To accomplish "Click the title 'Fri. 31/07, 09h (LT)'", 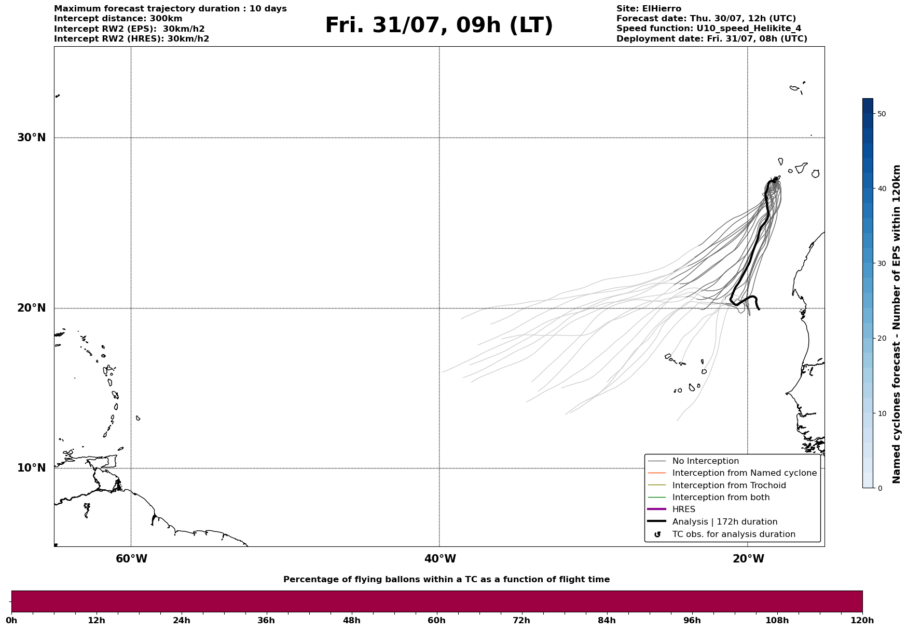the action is pos(439,26).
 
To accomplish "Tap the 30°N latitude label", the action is pos(31,138).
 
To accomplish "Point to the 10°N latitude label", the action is pos(31,468).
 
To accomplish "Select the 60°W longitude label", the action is pos(131,559).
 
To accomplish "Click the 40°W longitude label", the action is pos(440,559).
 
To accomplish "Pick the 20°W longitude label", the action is pos(748,559).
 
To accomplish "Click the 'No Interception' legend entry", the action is pos(705,461).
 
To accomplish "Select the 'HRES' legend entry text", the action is pos(684,510).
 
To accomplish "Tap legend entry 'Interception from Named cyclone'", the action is pos(744,473).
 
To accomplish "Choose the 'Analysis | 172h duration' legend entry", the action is pos(725,522).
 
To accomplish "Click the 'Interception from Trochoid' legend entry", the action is pos(729,486).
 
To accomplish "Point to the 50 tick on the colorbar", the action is pos(881,114).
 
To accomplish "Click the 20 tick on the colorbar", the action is pos(881,339).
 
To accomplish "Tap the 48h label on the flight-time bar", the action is pos(351,621).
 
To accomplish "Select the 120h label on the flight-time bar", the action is pos(862,621).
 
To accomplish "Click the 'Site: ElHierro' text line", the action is pos(649,9).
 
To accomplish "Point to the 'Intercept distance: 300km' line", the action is pos(118,19).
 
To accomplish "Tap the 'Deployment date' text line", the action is pos(712,39).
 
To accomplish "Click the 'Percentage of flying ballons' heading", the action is pos(446,580).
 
